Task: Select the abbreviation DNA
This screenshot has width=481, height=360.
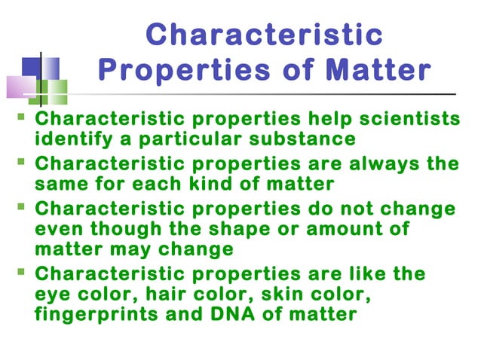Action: [x=222, y=313]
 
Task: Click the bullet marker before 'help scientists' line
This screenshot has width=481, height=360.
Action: [x=20, y=118]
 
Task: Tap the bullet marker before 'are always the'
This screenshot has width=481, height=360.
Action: [x=20, y=163]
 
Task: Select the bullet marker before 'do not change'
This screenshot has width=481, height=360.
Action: [x=20, y=208]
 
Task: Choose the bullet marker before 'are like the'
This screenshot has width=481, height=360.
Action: [x=20, y=273]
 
